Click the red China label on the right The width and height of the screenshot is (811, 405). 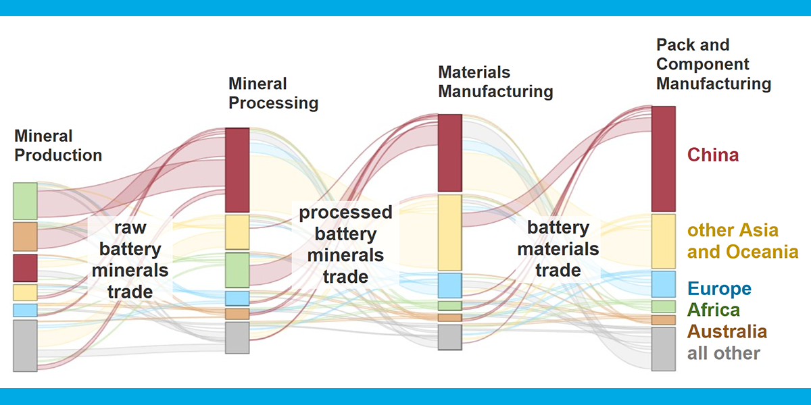pyautogui.click(x=713, y=155)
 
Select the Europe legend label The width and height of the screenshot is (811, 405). pyautogui.click(x=719, y=289)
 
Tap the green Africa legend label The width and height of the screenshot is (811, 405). pyautogui.click(x=713, y=310)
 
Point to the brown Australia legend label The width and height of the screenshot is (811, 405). pyautogui.click(x=727, y=331)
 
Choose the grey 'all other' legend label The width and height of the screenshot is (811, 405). pyautogui.click(x=724, y=353)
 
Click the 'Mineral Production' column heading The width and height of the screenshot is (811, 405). pyautogui.click(x=58, y=146)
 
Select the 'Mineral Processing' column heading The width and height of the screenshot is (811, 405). pyautogui.click(x=273, y=93)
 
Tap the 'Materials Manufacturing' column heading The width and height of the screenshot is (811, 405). pyautogui.click(x=495, y=82)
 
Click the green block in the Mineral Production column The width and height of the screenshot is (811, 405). pyautogui.click(x=26, y=201)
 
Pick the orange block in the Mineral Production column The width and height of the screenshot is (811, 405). pyautogui.click(x=26, y=236)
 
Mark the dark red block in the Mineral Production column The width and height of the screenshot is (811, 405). pyautogui.click(x=26, y=268)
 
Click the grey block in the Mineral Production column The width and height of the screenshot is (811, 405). pyautogui.click(x=26, y=346)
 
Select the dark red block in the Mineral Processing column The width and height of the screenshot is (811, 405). pyautogui.click(x=237, y=170)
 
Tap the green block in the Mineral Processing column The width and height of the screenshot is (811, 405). pyautogui.click(x=237, y=270)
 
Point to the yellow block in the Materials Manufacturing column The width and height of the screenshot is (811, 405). pyautogui.click(x=450, y=232)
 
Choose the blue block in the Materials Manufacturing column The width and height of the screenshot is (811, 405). pyautogui.click(x=450, y=286)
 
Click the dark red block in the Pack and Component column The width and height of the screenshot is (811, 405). pyautogui.click(x=664, y=159)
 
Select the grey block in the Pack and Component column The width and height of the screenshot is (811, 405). pyautogui.click(x=664, y=349)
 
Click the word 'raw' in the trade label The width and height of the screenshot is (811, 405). pyautogui.click(x=130, y=228)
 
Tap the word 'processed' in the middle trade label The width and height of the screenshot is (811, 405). pyautogui.click(x=345, y=212)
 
